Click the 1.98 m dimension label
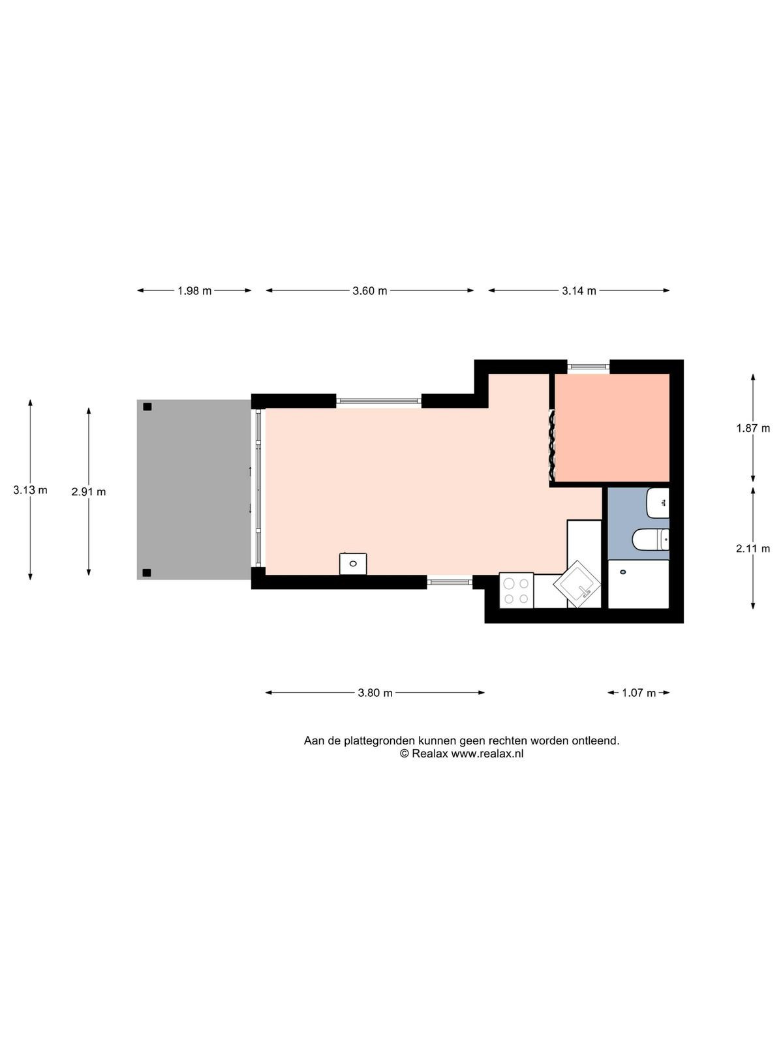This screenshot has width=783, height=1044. (194, 290)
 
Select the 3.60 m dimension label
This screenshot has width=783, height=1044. (369, 290)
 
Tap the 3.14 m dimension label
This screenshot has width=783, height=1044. (579, 290)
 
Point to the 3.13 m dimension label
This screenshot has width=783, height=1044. (30, 490)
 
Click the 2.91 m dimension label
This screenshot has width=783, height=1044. (89, 492)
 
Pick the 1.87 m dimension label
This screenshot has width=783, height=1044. (753, 428)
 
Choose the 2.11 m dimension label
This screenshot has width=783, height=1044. (753, 548)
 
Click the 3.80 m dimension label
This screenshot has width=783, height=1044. (375, 692)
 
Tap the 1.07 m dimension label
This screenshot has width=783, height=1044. (639, 692)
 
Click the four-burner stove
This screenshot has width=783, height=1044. (516, 591)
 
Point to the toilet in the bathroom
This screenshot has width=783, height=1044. (651, 539)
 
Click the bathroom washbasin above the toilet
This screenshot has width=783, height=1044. (658, 502)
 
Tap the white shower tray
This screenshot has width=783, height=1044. (639, 584)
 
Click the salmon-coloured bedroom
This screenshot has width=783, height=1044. (612, 428)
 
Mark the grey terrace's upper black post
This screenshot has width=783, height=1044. (147, 407)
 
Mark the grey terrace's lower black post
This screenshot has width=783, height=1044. (147, 572)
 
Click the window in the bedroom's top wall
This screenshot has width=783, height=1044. (589, 367)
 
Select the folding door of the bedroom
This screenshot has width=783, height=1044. (552, 445)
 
